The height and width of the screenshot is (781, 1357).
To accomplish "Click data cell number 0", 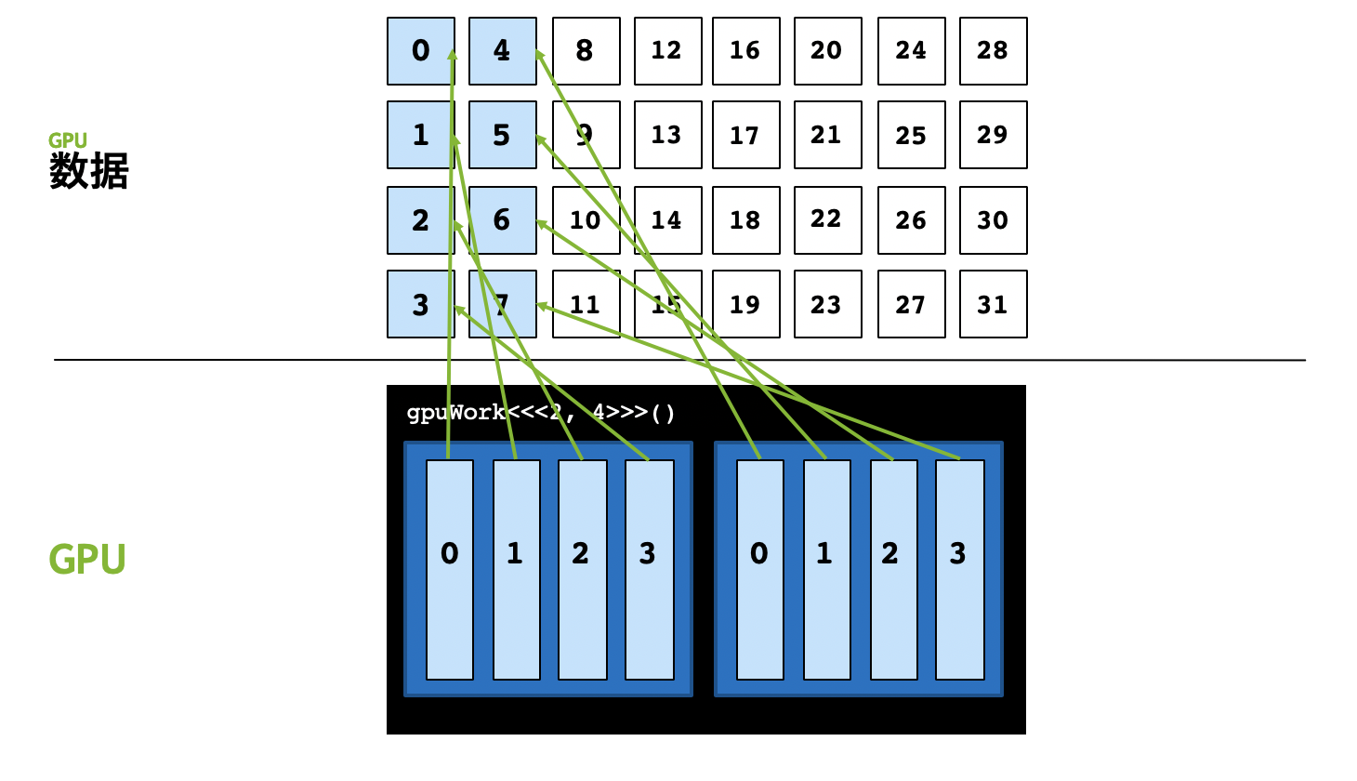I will [420, 51].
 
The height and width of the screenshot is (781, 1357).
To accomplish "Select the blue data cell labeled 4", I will [502, 51].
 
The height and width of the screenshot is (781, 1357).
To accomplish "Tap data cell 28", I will [993, 51].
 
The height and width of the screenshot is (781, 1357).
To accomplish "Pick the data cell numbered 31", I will [993, 304].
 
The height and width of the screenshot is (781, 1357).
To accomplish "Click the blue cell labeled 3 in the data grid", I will [420, 304].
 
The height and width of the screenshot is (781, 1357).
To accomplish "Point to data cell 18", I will [745, 220].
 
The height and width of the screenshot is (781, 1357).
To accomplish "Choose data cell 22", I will [827, 220].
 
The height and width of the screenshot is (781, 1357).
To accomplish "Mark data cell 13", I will [667, 135].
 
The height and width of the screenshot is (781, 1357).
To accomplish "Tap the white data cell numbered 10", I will [586, 220].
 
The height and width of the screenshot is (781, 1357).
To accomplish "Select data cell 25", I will [911, 135].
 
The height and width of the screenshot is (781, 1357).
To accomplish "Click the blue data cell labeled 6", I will [502, 220].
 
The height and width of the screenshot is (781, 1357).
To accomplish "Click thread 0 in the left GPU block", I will [450, 570].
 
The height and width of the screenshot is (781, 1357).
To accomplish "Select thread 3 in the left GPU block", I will [649, 570].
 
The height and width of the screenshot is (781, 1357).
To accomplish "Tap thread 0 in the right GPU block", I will [759, 570].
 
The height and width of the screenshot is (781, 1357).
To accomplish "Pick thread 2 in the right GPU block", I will [892, 570].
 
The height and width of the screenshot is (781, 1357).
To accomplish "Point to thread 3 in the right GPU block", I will [959, 570].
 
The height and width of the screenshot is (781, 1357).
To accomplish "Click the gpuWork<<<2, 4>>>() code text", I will [541, 413].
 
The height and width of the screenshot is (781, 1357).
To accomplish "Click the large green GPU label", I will [87, 559].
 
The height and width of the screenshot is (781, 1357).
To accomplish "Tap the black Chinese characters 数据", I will [89, 172].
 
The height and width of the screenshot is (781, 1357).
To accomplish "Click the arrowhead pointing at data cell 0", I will [453, 53].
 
